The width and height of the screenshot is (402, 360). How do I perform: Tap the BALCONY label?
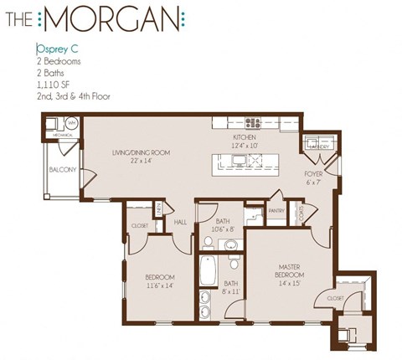coord(63,170)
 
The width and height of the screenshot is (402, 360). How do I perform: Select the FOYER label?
coord(314,173)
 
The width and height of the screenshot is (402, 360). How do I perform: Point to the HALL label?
coord(180,222)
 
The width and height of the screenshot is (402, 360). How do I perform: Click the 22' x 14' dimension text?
coord(142,161)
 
